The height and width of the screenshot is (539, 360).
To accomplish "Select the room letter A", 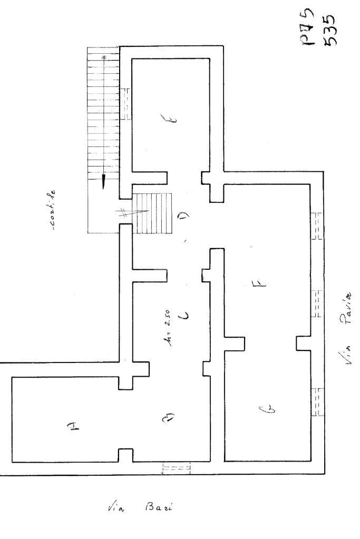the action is click(x=74, y=428).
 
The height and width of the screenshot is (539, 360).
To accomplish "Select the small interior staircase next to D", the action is click(x=154, y=213).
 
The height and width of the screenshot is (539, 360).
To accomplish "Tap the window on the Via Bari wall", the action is click(x=176, y=468).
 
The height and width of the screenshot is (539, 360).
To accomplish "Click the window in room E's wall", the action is click(x=126, y=103).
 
